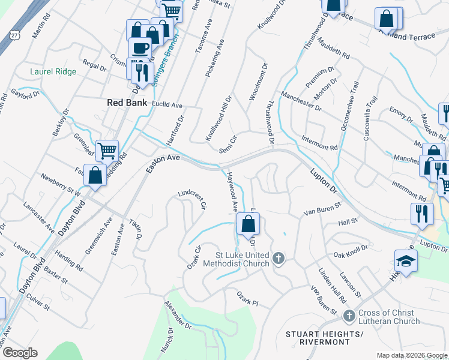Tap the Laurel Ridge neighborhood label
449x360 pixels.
tap(53, 72)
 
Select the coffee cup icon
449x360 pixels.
tap(140, 48)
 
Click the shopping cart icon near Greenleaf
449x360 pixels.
tap(107, 151)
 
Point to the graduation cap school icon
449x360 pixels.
tap(406, 261)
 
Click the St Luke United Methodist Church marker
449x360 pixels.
tap(277, 259)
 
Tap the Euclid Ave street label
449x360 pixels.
tap(167, 105)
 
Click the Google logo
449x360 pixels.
tap(20, 352)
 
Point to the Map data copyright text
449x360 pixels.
tap(412, 355)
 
